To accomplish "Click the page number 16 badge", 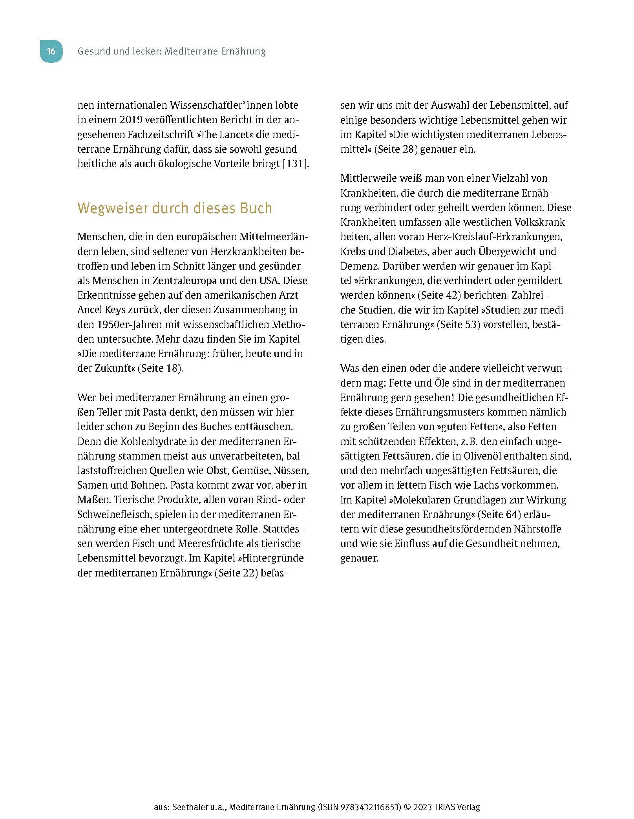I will coord(51,51).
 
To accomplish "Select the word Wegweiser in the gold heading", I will coord(113,208).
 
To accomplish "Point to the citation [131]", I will coord(295,164).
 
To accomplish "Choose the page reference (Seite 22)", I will coord(239,573).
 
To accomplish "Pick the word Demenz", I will coord(359,266).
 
